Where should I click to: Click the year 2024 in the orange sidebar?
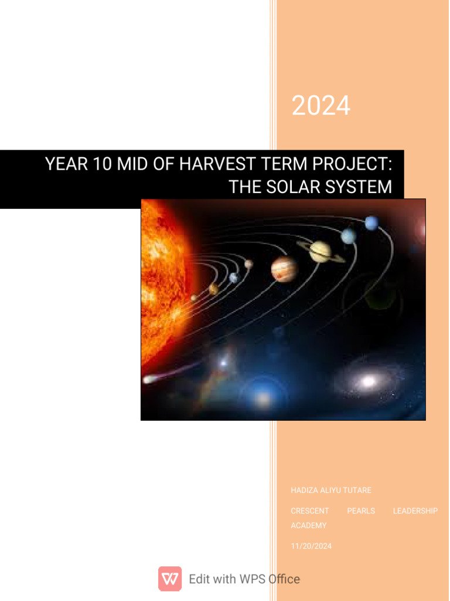pos(321,106)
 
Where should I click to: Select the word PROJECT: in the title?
pos(353,164)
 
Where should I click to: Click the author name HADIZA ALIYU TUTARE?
pos(331,490)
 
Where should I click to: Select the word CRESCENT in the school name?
pos(310,511)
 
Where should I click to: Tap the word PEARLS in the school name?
pos(361,511)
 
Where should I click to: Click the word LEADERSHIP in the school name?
pos(415,511)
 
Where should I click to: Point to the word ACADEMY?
pos(309,525)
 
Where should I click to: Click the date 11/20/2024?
pos(311,546)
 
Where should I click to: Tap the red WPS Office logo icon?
pos(170,579)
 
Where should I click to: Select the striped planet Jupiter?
pos(284,269)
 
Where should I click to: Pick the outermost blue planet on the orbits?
pos(371,223)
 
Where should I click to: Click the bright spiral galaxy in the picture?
pos(368,381)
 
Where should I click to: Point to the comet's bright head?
pos(148,380)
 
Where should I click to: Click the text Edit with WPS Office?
pos(244,579)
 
